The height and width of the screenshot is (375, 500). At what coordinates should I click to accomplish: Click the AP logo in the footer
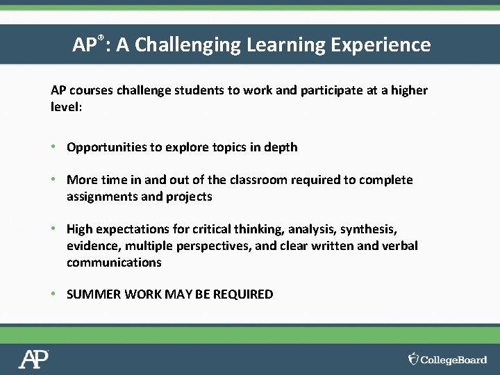[33, 359]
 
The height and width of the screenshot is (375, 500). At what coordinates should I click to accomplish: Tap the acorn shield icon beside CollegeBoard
[414, 358]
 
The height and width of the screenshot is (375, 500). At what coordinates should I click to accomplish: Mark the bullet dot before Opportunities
[53, 147]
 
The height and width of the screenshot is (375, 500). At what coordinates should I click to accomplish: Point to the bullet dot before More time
[53, 180]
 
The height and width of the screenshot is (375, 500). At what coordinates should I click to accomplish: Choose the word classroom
[258, 180]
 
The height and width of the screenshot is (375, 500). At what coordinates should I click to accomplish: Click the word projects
[189, 197]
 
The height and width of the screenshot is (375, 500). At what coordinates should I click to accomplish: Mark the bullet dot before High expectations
[53, 229]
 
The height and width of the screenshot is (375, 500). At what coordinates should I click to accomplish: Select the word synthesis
[372, 229]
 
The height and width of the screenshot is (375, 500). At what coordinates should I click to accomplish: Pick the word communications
[114, 262]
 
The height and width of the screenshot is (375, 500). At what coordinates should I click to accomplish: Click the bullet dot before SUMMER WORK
[53, 294]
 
